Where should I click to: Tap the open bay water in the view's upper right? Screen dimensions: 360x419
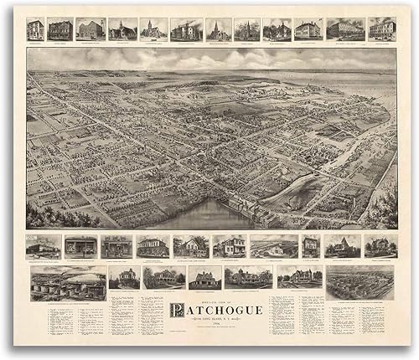pos(352,80)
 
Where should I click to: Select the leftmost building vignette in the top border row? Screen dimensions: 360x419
pos(35,28)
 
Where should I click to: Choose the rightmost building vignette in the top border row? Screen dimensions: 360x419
pos(382,28)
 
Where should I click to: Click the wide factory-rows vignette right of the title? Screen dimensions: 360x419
pos(360,282)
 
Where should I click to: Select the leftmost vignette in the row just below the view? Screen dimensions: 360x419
pos(44,246)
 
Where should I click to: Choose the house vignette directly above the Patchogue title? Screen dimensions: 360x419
pos(204,278)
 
